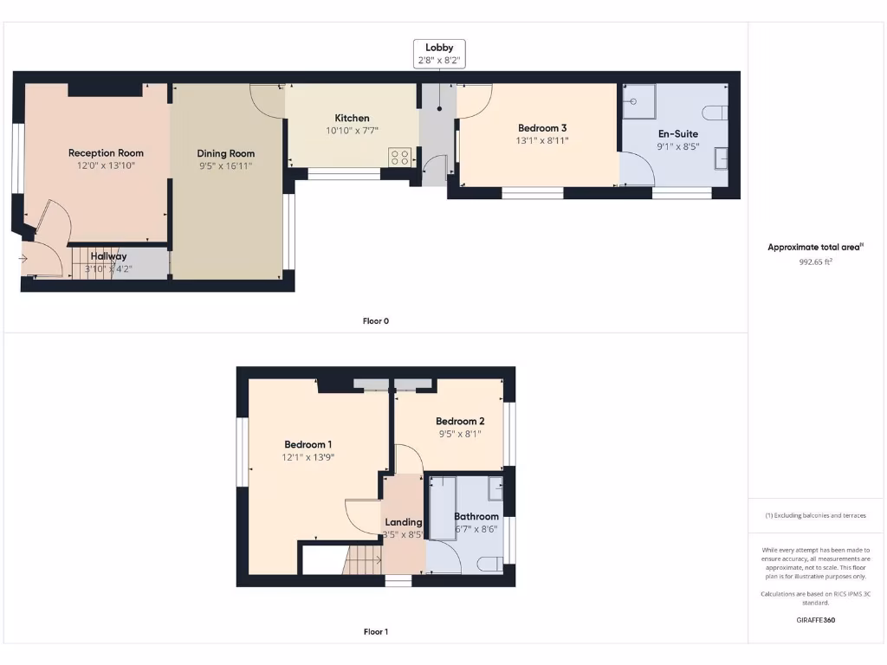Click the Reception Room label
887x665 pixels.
106,153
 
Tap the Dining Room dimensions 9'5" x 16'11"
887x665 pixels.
225,165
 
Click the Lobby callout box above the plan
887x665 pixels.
439,54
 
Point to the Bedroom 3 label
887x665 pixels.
542,128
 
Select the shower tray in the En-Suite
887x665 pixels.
639,101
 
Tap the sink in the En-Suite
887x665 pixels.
720,158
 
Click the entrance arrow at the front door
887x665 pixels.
22,258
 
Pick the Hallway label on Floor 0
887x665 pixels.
108,256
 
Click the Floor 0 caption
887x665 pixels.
375,321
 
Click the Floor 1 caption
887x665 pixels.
375,632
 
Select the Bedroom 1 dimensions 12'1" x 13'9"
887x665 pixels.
308,457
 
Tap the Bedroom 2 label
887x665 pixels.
460,422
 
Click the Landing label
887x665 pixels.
404,522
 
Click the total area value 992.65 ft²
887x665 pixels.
815,261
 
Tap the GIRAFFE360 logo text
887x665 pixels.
815,620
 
